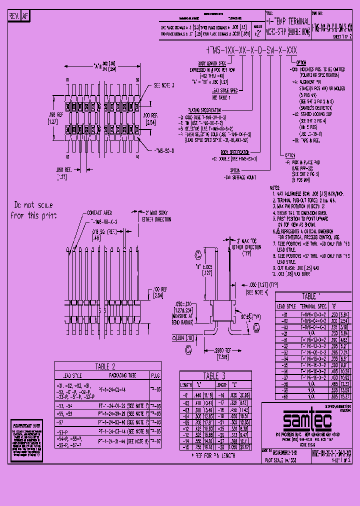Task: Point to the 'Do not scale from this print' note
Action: click(x=33, y=210)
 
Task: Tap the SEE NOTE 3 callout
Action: click(x=163, y=85)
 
